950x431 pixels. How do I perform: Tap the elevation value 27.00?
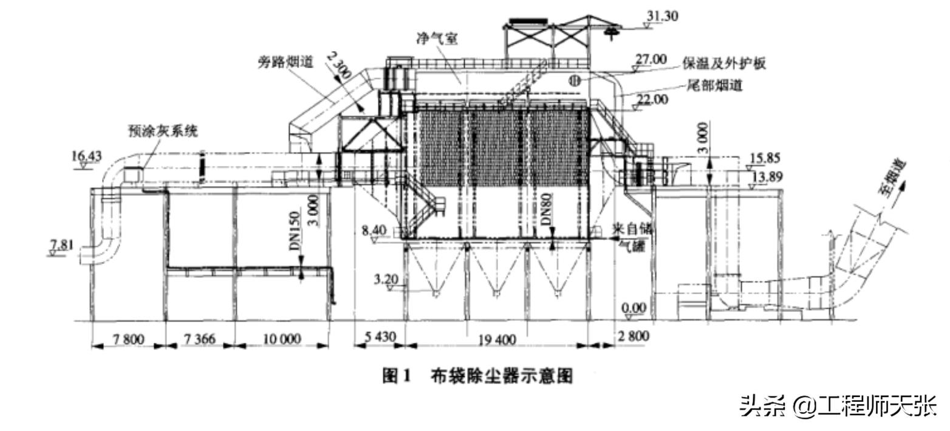(x=651, y=60)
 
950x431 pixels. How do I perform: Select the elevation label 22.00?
(x=652, y=99)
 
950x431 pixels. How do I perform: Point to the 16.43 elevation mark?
(x=86, y=156)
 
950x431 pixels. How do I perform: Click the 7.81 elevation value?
(x=61, y=245)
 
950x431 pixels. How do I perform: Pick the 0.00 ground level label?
(x=634, y=308)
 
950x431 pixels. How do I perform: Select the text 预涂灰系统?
(x=163, y=131)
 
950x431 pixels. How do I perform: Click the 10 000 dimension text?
(x=281, y=339)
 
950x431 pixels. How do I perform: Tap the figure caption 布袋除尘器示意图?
(x=502, y=376)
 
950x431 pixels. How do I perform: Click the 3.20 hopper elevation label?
(x=386, y=280)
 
